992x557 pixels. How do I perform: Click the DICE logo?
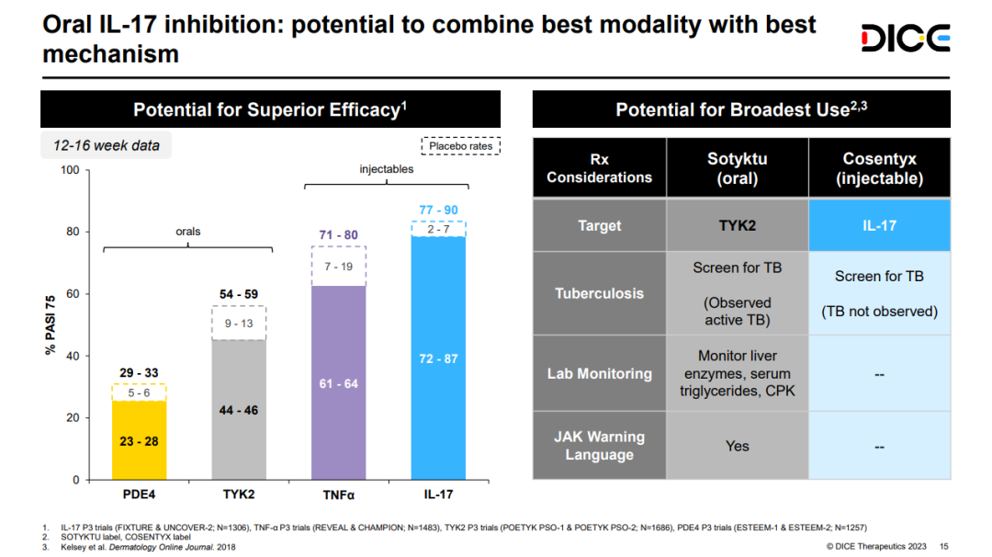(905, 38)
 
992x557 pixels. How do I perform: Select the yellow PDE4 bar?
(139, 440)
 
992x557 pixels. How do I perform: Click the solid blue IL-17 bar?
(438, 358)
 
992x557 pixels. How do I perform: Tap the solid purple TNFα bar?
(339, 382)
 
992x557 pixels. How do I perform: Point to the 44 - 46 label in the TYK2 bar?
(239, 410)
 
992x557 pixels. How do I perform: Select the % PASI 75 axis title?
(52, 324)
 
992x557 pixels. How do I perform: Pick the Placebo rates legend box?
(460, 145)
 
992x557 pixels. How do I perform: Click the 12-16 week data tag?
(107, 145)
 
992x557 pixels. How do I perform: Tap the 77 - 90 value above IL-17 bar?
(438, 210)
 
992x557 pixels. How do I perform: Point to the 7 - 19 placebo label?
(339, 267)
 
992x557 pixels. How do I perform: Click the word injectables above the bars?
(386, 169)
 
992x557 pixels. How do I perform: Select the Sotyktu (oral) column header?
(738, 168)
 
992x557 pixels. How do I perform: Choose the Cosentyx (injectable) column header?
(879, 168)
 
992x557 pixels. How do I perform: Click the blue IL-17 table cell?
(879, 225)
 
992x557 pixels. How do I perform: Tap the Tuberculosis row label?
(599, 293)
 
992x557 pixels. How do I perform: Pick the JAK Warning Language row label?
(599, 446)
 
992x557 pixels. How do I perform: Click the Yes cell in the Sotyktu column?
(738, 446)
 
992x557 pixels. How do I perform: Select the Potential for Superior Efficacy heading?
(270, 110)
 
